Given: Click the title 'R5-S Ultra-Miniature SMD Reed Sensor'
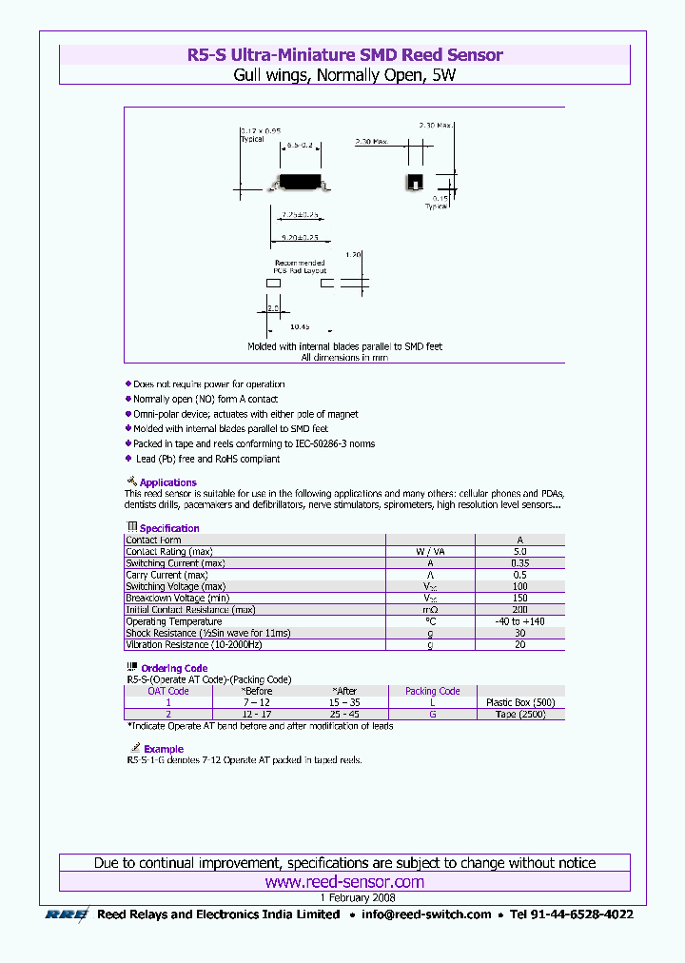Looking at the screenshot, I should (344, 55).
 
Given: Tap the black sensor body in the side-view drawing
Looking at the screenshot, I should (300, 180).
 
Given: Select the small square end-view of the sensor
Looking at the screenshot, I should (414, 181).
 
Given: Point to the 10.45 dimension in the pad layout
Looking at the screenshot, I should (300, 325).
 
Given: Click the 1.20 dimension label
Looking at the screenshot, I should (355, 255).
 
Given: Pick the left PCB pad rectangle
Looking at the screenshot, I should (274, 283).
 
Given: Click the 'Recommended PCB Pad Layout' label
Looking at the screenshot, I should (300, 266).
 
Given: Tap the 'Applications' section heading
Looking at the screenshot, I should (167, 482).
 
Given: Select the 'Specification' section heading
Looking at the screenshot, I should (169, 528).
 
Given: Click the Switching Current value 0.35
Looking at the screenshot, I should (519, 563).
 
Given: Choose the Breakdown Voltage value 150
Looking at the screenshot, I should (519, 598).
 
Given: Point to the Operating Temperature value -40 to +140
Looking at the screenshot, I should (519, 621).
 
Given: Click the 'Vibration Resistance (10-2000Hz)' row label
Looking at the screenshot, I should (208, 644).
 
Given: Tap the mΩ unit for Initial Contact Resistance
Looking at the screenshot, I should (430, 610).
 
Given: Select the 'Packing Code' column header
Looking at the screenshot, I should (432, 692).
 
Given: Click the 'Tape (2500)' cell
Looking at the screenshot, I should (519, 714).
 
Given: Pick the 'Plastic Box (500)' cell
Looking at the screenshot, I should (519, 702).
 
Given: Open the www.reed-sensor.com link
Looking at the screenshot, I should (344, 883).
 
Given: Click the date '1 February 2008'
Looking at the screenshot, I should (357, 897).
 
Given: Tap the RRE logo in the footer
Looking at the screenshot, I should (67, 914).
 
